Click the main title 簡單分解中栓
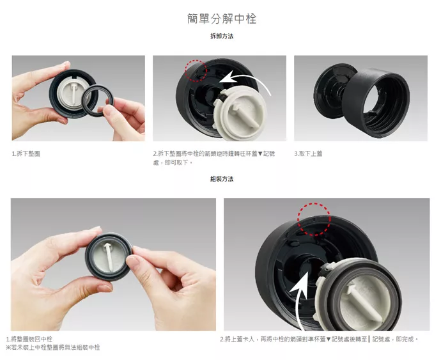pyautogui.click(x=222, y=19)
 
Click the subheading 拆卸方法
pyautogui.click(x=222, y=36)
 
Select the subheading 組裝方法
pyautogui.click(x=222, y=179)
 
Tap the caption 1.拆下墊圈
pyautogui.click(x=26, y=153)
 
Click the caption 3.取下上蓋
pyautogui.click(x=308, y=153)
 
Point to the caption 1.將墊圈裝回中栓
pyautogui.click(x=29, y=339)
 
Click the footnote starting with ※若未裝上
pyautogui.click(x=53, y=347)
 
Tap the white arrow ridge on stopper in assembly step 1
pyautogui.click(x=109, y=258)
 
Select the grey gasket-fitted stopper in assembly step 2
pyautogui.click(x=358, y=295)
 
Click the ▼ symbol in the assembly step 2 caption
pyautogui.click(x=329, y=339)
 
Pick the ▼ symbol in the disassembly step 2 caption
pyautogui.click(x=260, y=153)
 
